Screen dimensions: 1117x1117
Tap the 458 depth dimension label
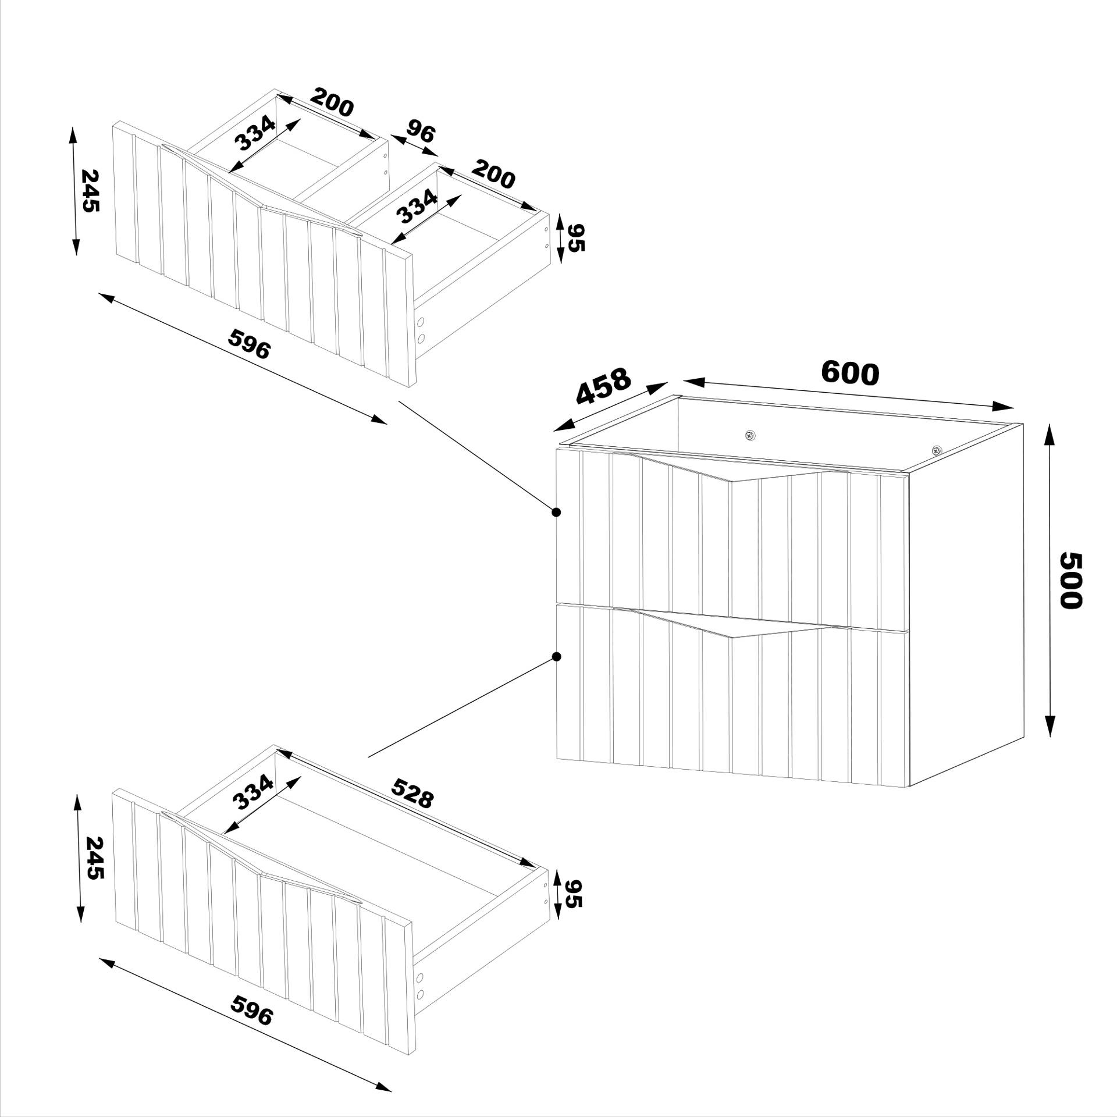tap(603, 386)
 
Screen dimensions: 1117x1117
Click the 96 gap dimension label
tap(420, 132)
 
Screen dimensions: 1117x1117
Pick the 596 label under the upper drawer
tap(250, 344)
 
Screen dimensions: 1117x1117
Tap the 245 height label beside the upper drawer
tap(90, 190)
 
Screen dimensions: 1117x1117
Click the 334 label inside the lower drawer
tap(252, 792)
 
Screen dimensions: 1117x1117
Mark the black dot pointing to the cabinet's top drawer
tap(556, 512)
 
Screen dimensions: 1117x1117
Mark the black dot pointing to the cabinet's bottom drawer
tap(556, 657)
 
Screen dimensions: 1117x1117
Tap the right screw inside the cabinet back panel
tap(936, 450)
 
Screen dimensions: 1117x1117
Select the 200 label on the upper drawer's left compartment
tap(331, 102)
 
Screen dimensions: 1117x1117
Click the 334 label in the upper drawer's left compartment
tap(254, 133)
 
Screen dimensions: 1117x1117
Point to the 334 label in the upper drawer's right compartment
tap(417, 207)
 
